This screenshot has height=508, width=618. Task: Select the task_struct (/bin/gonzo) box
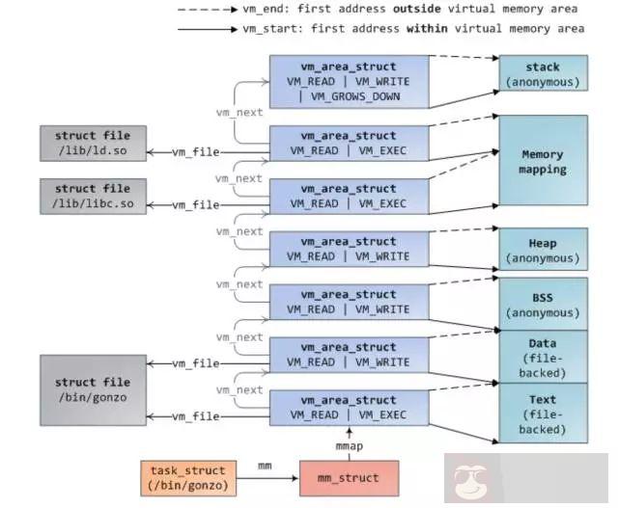(x=186, y=477)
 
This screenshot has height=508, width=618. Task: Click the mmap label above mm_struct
(x=349, y=448)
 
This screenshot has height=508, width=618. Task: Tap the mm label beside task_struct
(x=264, y=467)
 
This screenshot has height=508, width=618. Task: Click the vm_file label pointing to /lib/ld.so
(x=196, y=152)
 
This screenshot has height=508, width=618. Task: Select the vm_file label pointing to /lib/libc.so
(x=196, y=205)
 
